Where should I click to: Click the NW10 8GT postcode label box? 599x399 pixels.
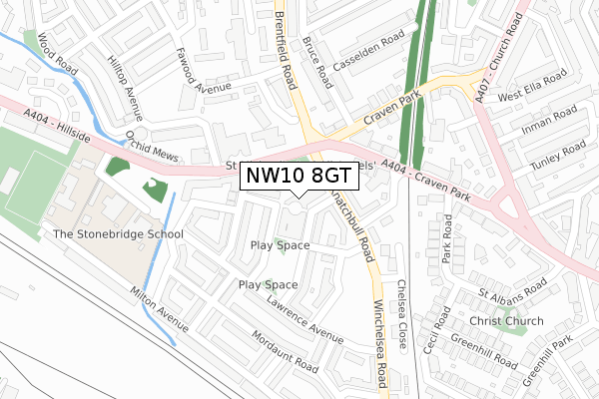[x=298, y=176]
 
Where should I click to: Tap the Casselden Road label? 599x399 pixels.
[x=369, y=49]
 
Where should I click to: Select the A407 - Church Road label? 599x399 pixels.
[x=502, y=50]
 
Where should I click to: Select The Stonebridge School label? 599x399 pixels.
[x=119, y=234]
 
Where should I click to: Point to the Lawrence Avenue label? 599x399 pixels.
[x=305, y=315]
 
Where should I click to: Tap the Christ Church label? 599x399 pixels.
[x=510, y=321]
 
